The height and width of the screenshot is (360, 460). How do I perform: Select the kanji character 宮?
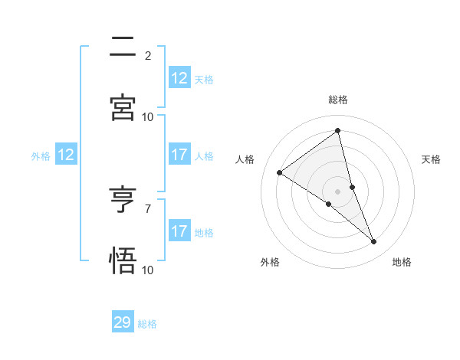click(123, 107)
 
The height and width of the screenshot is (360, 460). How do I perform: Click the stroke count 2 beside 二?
click(148, 55)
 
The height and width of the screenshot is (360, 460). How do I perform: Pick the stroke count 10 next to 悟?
click(148, 270)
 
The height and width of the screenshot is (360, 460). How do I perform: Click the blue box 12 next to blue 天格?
click(179, 78)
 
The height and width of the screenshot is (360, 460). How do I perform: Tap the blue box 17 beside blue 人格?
click(179, 155)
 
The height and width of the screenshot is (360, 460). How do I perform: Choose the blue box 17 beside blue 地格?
click(179, 231)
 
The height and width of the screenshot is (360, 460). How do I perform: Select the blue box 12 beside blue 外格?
click(66, 155)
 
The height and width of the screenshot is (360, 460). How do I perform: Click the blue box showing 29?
click(123, 322)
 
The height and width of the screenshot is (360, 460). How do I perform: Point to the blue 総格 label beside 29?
click(148, 324)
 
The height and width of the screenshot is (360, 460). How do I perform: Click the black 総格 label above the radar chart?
click(338, 100)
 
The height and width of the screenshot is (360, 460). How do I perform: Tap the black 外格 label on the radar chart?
click(270, 262)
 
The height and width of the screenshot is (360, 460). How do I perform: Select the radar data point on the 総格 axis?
click(338, 130)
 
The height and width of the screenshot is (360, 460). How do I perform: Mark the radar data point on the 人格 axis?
click(280, 172)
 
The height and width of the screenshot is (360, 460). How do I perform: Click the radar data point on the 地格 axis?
click(374, 242)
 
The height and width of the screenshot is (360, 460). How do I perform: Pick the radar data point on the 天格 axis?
click(352, 186)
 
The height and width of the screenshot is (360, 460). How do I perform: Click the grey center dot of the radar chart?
click(338, 191)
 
